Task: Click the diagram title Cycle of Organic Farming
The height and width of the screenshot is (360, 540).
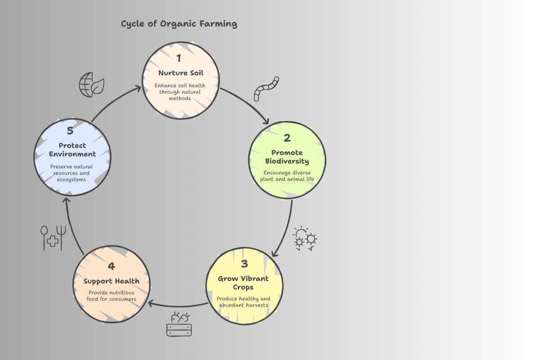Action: [179, 24]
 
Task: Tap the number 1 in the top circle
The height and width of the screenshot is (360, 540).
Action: [179, 58]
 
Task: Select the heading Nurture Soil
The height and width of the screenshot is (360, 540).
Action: [181, 73]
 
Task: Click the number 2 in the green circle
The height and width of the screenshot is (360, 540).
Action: [287, 138]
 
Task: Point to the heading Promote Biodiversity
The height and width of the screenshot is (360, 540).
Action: [287, 157]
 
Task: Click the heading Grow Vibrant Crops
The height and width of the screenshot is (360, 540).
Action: [243, 283]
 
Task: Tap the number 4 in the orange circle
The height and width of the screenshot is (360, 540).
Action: [111, 266]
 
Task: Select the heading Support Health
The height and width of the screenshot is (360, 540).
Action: [111, 281]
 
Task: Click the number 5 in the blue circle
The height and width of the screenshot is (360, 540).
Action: [70, 131]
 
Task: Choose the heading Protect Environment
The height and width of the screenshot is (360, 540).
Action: [72, 150]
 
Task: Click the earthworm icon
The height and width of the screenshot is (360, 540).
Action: [266, 89]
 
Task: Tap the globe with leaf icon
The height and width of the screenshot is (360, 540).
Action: [91, 85]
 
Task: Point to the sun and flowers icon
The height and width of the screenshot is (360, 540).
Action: [306, 238]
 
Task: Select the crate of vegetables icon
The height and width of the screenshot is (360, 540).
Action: [179, 324]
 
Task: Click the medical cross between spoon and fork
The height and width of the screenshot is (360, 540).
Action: [53, 241]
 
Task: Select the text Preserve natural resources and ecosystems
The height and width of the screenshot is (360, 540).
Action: [71, 173]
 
